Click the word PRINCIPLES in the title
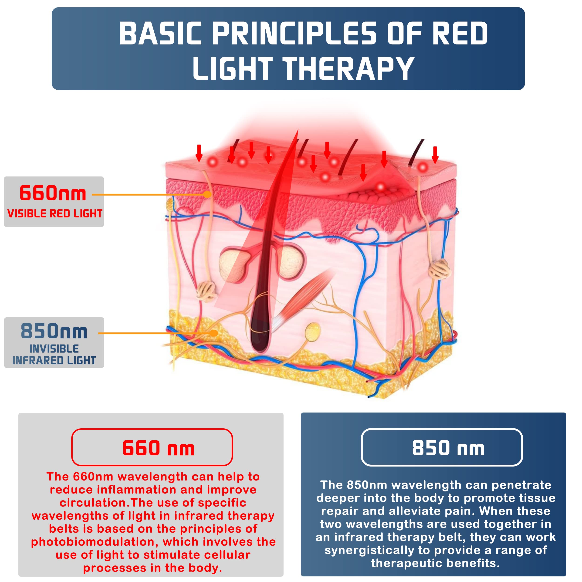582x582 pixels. coord(294,34)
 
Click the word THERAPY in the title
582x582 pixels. coord(349,68)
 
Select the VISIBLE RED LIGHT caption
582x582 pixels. coord(55,213)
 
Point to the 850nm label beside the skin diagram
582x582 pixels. coord(54,331)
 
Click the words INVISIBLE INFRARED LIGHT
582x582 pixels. coord(54,355)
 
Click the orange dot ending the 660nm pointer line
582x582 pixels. coord(207,195)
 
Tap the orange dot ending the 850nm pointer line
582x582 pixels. coord(214,333)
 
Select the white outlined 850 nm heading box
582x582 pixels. coord(442,447)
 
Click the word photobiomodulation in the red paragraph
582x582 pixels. coord(95,542)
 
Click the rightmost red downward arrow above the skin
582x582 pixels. coord(435,155)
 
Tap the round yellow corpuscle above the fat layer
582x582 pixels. coord(312,332)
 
